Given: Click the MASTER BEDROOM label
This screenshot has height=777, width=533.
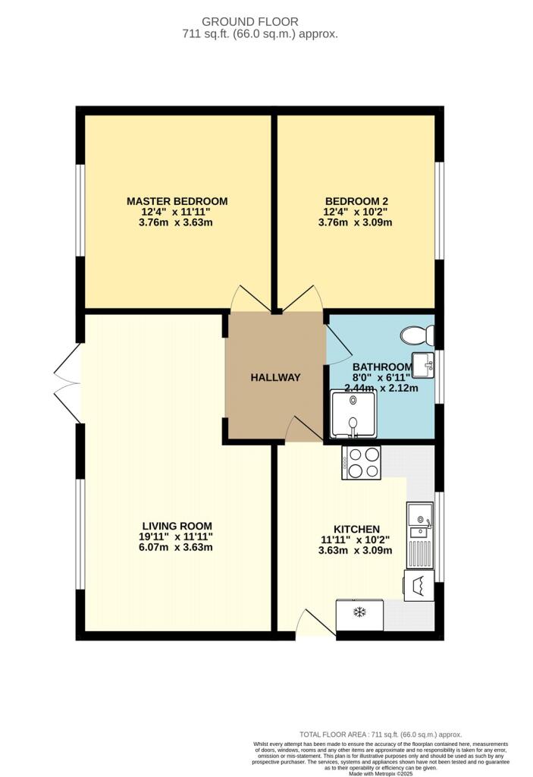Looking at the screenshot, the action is tap(177, 201).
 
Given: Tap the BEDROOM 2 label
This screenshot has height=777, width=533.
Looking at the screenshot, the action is tap(356, 201).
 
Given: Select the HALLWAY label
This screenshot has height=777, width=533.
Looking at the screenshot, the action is tap(275, 378).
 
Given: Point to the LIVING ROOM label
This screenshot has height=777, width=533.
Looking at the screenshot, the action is tap(177, 527).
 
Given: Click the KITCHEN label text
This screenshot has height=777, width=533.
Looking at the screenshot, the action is tap(356, 529).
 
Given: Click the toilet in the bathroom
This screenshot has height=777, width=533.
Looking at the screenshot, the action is tap(417, 335).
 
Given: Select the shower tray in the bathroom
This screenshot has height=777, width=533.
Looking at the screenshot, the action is tap(353, 414).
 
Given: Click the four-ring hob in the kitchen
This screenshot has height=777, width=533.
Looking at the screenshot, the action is tap(361, 463).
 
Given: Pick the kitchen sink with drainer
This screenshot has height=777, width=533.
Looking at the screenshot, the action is tap(419, 535).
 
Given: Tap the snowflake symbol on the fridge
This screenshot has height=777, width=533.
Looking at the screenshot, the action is tap(359, 612).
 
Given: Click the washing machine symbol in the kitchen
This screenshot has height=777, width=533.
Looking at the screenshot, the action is tap(419, 585).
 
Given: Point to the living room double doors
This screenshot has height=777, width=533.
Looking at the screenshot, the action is tap(67, 383).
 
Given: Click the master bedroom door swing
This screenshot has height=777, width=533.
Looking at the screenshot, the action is tap(251, 299).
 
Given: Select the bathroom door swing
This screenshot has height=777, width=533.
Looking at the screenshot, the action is tap(338, 344).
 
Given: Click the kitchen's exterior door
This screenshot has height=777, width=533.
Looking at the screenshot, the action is tap(315, 622).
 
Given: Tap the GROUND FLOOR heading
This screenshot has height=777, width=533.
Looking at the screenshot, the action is tap(250, 22).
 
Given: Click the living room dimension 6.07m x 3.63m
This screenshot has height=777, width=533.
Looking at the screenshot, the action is tap(176, 547).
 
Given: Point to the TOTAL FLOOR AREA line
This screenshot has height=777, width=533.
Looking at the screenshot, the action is tap(381, 735).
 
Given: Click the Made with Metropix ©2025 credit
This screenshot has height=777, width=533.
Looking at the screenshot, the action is tap(381, 773).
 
